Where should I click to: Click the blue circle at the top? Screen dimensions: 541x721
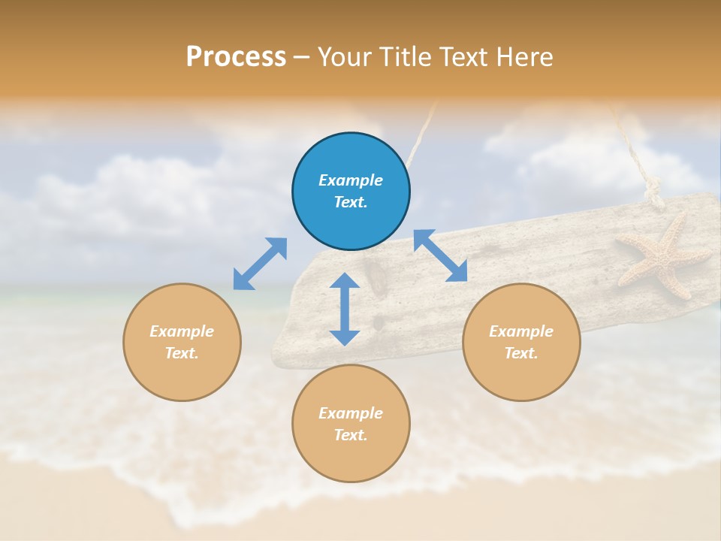click(351, 192)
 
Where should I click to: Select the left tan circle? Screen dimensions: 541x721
click(182, 342)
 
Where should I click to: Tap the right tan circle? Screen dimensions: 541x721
click(521, 342)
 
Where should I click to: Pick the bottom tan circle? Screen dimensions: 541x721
click(351, 424)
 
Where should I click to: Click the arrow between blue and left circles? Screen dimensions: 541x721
click(260, 264)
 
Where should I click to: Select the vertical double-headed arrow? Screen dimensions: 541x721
click(345, 309)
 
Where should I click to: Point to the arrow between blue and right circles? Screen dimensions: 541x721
click(441, 255)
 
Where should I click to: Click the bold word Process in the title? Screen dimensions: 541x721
click(236, 56)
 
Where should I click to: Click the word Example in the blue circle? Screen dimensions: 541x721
click(351, 180)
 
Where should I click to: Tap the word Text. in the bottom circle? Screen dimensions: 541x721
click(351, 435)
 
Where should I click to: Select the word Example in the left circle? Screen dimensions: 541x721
click(182, 331)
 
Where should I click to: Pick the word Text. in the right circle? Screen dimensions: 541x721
click(521, 353)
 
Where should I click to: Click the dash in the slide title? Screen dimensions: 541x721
click(302, 57)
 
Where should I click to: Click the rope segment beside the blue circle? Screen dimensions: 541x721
click(422, 139)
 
